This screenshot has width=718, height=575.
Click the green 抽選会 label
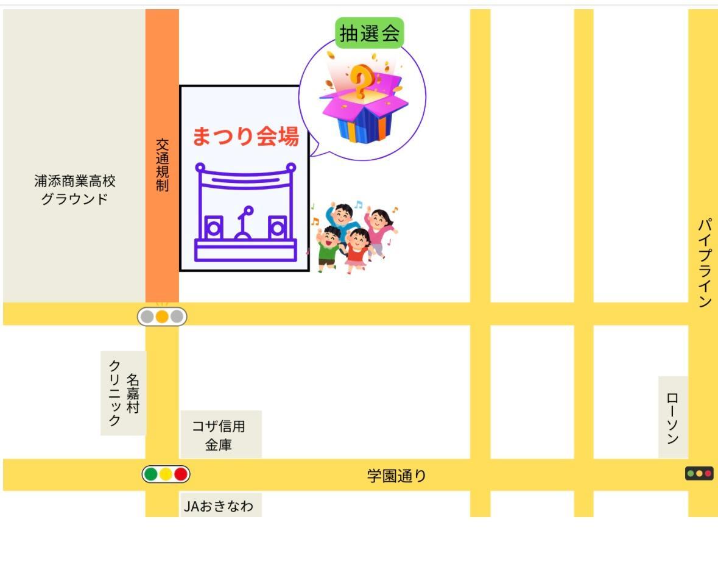370,33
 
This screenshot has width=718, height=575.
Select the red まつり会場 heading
245,136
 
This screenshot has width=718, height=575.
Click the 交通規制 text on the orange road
162,165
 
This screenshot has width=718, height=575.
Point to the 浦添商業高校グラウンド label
75,190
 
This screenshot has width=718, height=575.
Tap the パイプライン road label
705,262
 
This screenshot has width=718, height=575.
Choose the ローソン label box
673,417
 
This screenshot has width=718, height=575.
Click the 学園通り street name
396,476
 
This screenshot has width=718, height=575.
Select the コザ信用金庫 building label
219,435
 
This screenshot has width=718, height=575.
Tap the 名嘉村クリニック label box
124,393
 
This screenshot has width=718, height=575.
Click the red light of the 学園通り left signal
181,474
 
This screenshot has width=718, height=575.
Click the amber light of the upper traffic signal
162,316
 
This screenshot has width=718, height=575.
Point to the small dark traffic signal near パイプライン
699,473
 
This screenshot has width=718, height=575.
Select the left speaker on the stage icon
213,228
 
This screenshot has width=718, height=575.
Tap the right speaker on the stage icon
277,228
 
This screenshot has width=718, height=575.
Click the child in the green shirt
329,248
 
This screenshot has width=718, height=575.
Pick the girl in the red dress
357,249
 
